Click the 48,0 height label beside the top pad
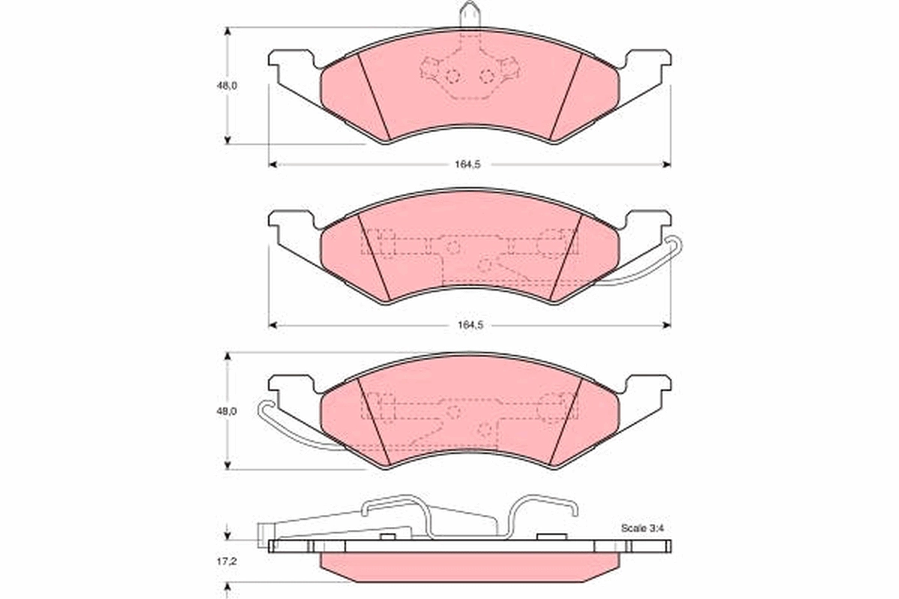[227, 85]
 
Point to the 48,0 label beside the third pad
[227, 412]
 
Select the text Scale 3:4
[641, 528]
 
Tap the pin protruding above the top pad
[470, 14]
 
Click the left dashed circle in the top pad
[452, 76]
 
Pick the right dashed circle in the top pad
[487, 76]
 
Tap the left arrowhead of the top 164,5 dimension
[273, 164]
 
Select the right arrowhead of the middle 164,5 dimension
[667, 325]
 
